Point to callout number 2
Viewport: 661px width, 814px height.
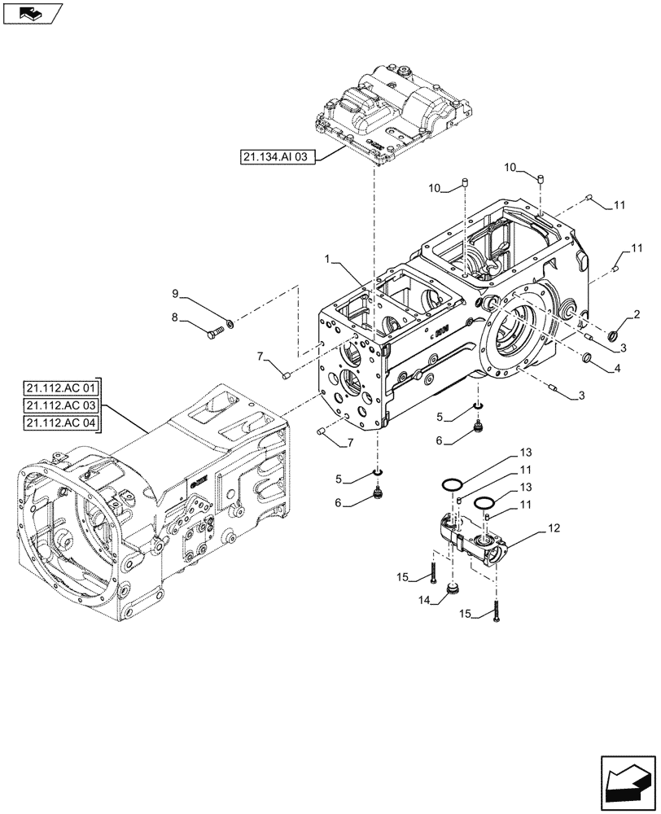(x=636, y=314)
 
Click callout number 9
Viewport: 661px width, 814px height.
(x=174, y=293)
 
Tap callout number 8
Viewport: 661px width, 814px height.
(x=174, y=320)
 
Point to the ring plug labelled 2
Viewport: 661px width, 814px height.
(x=616, y=334)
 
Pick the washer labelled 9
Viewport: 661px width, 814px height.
(x=230, y=323)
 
